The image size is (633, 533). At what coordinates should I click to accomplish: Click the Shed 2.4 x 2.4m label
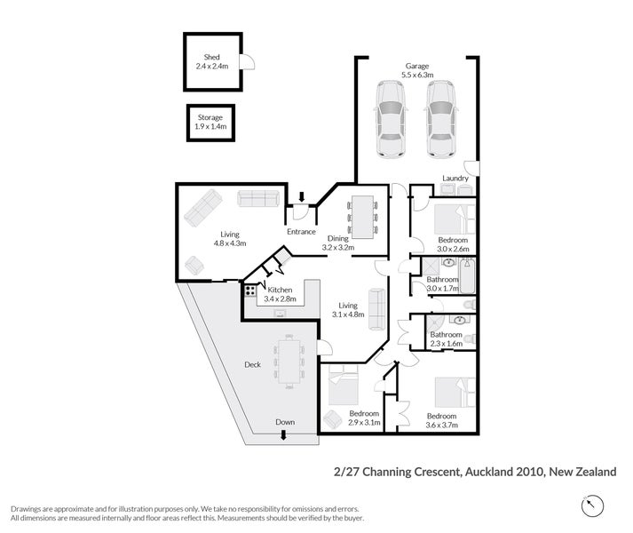tap(212, 61)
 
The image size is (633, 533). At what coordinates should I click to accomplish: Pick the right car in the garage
tap(441, 119)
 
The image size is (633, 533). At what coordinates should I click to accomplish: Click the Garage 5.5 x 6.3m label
tap(417, 71)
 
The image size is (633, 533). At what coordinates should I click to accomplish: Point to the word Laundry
tap(455, 178)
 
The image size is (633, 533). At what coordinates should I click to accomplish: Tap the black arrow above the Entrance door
tap(302, 196)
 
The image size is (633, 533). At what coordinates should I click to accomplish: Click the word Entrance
tap(301, 232)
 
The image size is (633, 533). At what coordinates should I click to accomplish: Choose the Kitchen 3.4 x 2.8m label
tap(280, 295)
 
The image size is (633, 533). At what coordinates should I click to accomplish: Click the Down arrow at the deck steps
tap(284, 434)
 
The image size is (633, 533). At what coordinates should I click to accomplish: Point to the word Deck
tap(254, 364)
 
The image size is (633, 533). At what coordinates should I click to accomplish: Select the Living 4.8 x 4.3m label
tap(229, 238)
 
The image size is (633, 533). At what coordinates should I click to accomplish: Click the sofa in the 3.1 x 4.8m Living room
tap(377, 309)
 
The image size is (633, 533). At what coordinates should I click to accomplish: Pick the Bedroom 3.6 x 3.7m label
tap(441, 420)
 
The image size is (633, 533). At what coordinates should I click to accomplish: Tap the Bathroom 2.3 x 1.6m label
tap(447, 339)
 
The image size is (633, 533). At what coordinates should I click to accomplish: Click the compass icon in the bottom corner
tap(591, 506)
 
